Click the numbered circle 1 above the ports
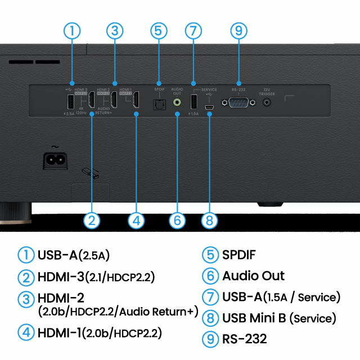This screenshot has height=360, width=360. (x=72, y=30)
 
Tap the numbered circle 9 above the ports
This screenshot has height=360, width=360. (x=239, y=30)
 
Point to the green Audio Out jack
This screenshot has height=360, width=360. (x=178, y=102)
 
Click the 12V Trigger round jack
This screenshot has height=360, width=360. (x=267, y=102)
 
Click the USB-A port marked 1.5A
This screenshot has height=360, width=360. (x=193, y=102)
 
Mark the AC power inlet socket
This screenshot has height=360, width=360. (x=56, y=160)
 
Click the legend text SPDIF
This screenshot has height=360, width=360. (x=239, y=255)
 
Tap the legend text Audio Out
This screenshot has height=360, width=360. (x=253, y=276)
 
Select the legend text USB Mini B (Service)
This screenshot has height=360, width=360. (x=279, y=318)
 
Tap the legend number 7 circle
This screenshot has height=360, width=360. (x=210, y=297)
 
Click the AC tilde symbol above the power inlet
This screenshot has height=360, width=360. (x=55, y=147)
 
